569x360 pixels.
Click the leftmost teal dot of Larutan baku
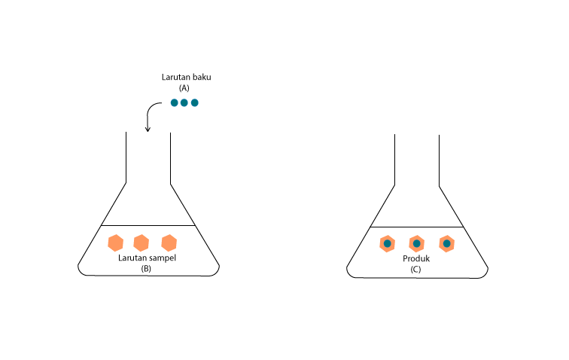coord(175,102)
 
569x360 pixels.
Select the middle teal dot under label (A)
coord(184,102)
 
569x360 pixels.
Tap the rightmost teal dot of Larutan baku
coord(194,102)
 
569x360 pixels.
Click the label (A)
coord(184,88)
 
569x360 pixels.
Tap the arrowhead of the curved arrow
coord(148,130)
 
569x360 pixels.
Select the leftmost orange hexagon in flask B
coord(115,243)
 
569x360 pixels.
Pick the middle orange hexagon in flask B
coord(141,243)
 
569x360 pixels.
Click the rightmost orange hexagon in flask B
coord(169,243)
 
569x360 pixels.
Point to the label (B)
coord(147,268)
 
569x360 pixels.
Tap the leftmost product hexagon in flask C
coord(387,244)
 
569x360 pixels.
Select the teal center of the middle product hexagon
coord(416,244)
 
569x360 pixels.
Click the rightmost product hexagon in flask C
coord(447,244)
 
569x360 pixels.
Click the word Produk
coord(415,259)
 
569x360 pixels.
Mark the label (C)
coord(415,269)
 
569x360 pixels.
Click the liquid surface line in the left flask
coord(148,226)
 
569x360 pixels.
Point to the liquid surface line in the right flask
coord(416,227)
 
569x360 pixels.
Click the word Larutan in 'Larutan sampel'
coord(132,258)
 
